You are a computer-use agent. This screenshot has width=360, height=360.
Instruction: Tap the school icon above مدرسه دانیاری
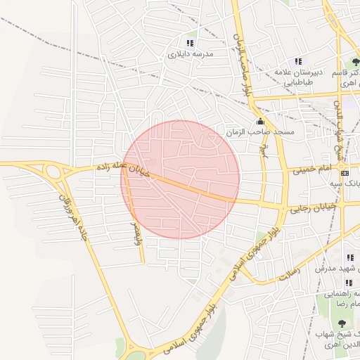[189, 43]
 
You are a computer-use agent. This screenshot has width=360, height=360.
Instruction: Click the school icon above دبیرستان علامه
[298, 61]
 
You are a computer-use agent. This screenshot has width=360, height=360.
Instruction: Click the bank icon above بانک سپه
[344, 173]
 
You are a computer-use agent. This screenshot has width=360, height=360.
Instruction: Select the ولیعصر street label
[136, 233]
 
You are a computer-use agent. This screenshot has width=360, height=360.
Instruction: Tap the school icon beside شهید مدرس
[349, 257]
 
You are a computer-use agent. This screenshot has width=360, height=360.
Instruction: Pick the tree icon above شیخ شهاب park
[342, 323]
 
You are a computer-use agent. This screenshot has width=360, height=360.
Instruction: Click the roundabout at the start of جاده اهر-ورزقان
[53, 172]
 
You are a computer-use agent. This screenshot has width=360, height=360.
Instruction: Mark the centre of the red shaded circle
[180, 179]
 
